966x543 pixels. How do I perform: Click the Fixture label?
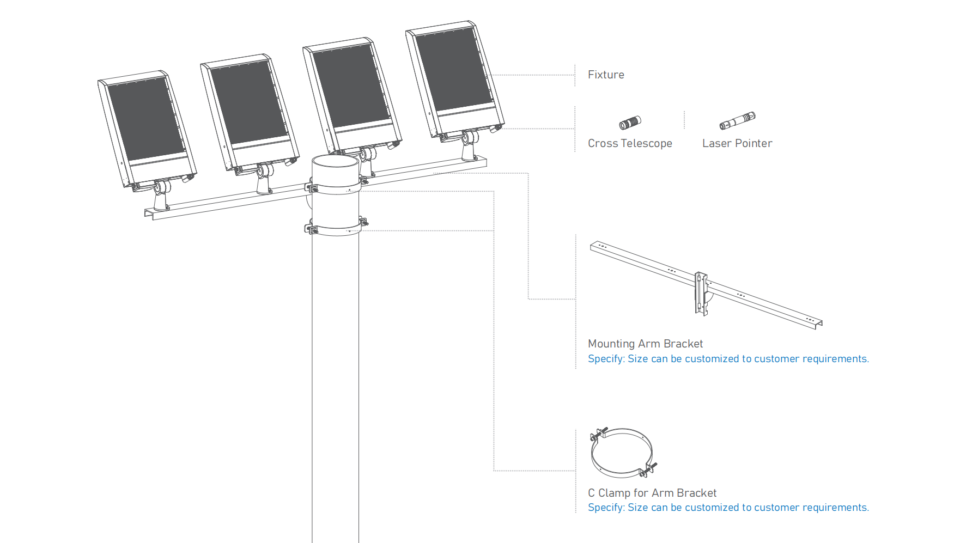(606, 75)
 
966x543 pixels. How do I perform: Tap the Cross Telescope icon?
(630, 123)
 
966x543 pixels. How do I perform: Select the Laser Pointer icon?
(737, 120)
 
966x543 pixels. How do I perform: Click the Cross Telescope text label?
(630, 143)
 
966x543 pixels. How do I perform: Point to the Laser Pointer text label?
(737, 143)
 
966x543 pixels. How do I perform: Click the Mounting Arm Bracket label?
(645, 344)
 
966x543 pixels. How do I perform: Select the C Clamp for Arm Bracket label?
(652, 493)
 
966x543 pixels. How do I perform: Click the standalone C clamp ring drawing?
(622, 453)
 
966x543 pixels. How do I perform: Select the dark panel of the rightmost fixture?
(454, 69)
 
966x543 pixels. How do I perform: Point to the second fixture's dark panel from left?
(249, 102)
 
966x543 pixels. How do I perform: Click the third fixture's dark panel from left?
(351, 86)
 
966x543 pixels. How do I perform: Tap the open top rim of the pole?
(335, 162)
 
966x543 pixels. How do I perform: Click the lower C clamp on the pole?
(335, 230)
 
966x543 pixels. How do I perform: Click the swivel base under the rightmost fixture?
(469, 148)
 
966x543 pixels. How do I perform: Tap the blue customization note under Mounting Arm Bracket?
(728, 359)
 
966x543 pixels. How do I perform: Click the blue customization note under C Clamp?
(728, 508)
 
